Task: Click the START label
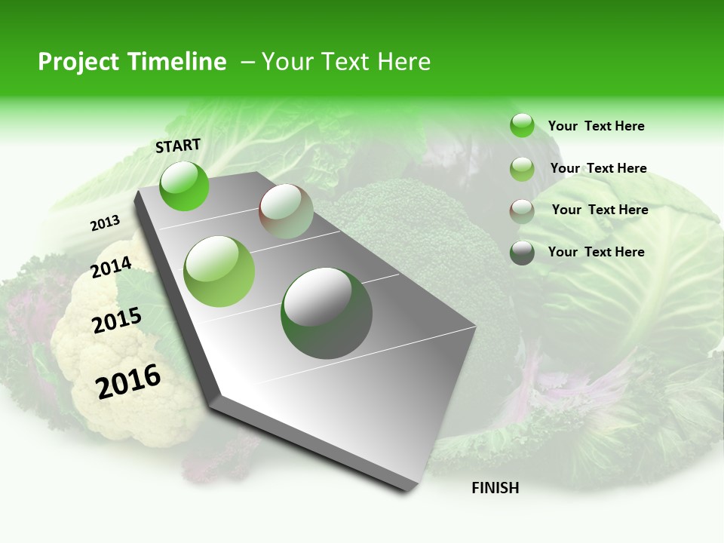pos(178,146)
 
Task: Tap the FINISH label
pos(495,488)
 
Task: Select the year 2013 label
pos(106,223)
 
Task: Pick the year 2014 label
pos(112,268)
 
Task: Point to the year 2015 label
pos(117,321)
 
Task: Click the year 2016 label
pos(129,382)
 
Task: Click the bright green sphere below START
pos(184,186)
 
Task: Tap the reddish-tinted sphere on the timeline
pos(286,211)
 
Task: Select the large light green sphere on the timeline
pos(219,271)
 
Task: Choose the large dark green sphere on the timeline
pos(327,313)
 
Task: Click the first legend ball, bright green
pos(522,125)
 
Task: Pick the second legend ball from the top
pos(522,168)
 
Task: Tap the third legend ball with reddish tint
pos(522,210)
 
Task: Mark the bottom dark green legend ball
pos(522,253)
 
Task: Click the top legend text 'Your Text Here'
pos(596,126)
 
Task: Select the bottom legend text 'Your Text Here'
pos(596,252)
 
